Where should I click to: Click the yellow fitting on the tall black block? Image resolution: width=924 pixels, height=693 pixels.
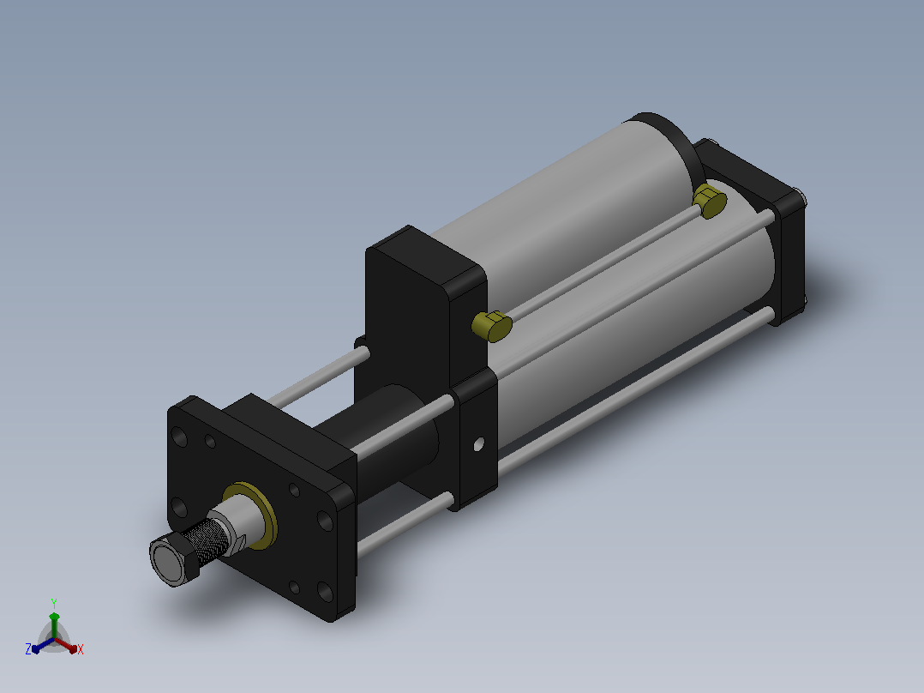(x=492, y=326)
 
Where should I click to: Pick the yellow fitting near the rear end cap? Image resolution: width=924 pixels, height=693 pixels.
(x=710, y=201)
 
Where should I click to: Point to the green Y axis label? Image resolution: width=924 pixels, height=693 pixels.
(x=54, y=603)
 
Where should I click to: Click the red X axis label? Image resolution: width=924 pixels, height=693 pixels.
(x=81, y=649)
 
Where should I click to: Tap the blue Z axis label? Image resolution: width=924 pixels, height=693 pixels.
(x=28, y=649)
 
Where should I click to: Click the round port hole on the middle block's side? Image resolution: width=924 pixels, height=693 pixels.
(x=478, y=444)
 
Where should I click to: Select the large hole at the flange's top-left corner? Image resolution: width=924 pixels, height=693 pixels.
(x=179, y=437)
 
